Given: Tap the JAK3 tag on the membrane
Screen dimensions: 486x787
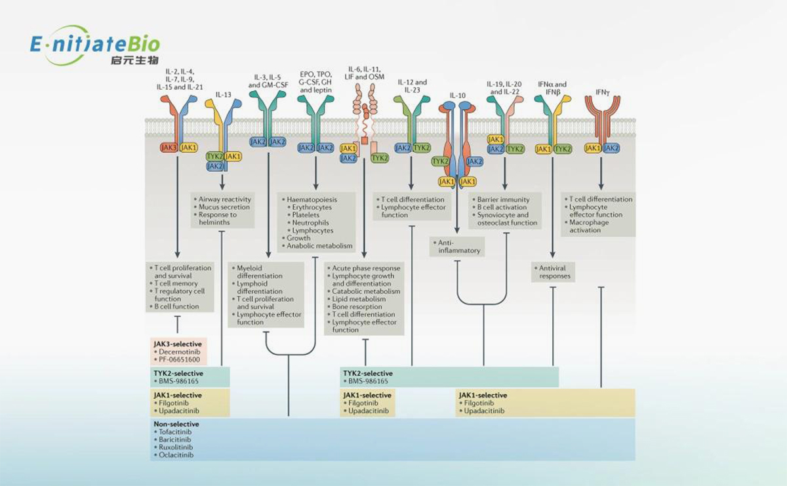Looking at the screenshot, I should click(168, 148).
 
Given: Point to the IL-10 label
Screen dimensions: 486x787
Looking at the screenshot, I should click(458, 95).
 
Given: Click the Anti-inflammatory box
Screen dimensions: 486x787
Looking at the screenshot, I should click(458, 247).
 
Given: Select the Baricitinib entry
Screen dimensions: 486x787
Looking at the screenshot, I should click(176, 439).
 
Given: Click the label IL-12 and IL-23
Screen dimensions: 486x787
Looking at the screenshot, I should click(412, 86).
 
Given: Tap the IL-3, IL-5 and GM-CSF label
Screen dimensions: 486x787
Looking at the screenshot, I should click(268, 81).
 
